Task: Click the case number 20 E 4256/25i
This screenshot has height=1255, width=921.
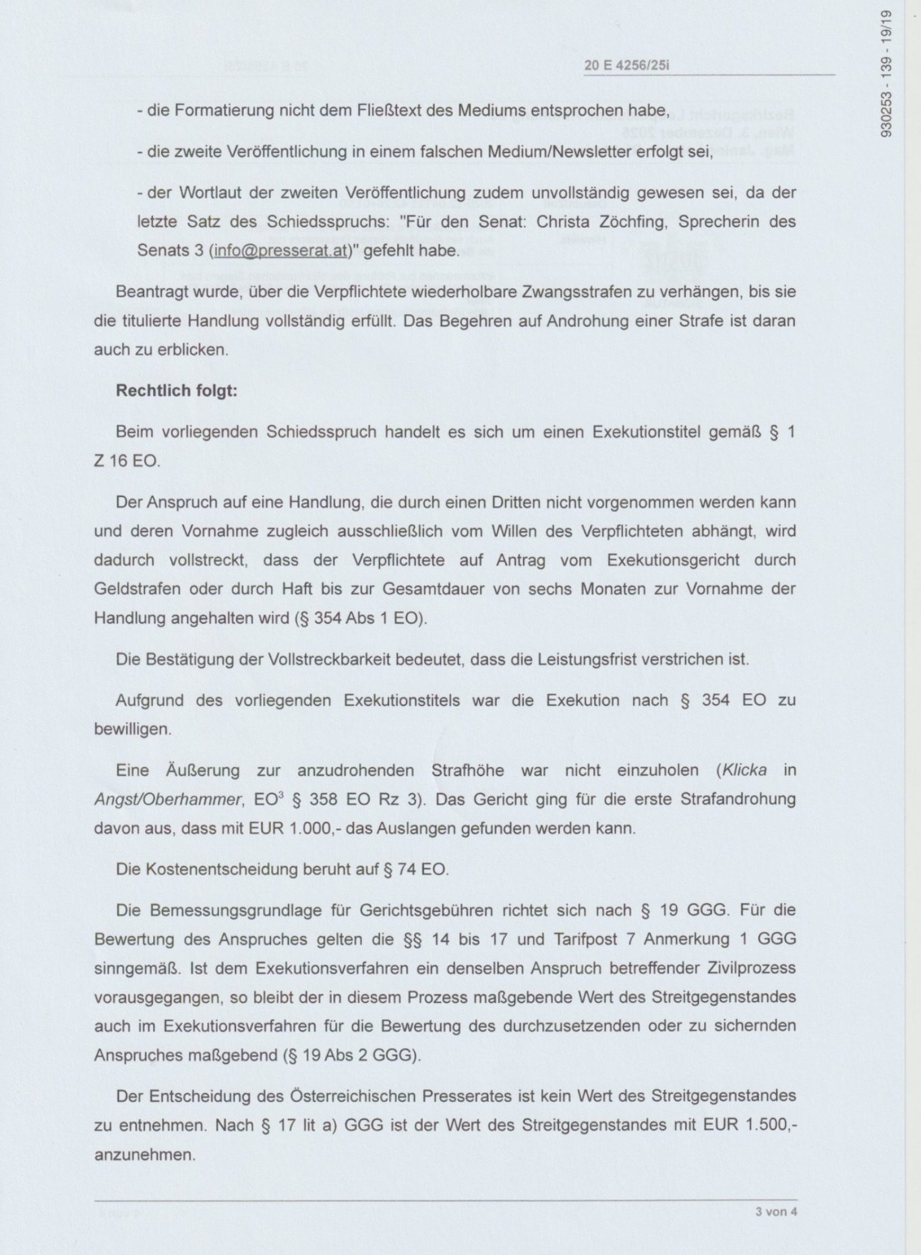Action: [626, 65]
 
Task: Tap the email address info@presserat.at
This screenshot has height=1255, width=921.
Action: [280, 251]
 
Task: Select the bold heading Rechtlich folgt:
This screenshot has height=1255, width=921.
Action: [177, 391]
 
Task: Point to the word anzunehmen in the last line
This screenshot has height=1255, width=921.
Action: [145, 1155]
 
